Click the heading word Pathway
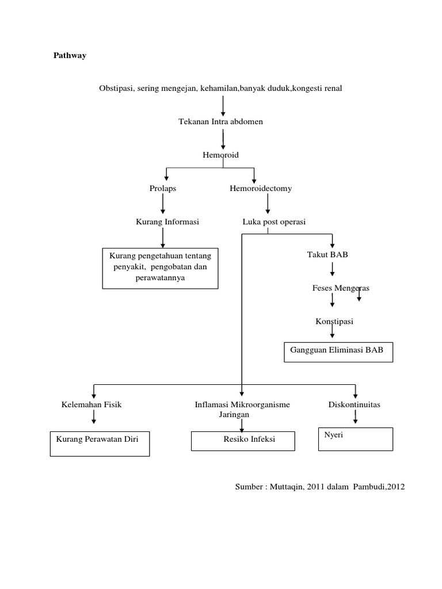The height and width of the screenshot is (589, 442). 70,56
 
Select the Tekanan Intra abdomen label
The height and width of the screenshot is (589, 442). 221,122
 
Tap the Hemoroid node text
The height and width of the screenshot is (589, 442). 220,155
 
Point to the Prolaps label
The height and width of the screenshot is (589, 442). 163,188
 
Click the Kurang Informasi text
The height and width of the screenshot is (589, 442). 167,221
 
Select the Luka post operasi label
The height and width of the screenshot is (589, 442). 274,221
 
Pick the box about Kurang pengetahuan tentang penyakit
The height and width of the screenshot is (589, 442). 160,267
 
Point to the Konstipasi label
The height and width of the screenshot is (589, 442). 334,321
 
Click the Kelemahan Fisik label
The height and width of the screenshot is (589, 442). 92,404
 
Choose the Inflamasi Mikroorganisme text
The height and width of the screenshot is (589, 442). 242,404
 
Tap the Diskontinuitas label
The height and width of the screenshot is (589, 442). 354,404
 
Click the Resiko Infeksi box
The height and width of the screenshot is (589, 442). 243,441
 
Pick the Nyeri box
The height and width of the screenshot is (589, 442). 355,438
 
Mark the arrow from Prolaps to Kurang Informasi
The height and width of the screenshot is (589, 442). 163,204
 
